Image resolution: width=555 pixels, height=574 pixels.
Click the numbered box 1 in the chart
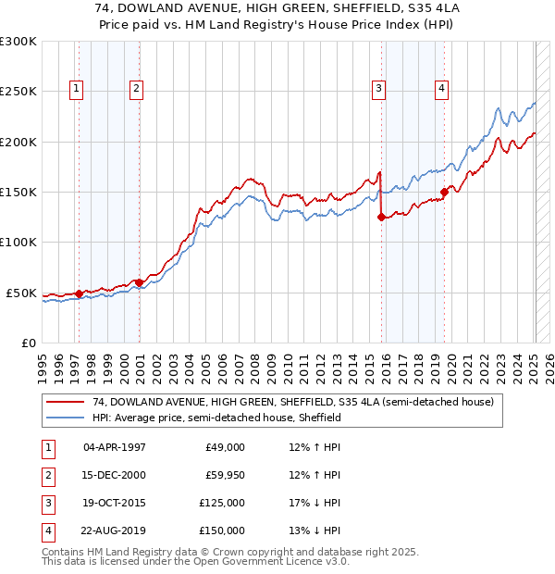tap(75, 89)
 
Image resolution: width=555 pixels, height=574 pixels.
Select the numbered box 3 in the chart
tap(378, 89)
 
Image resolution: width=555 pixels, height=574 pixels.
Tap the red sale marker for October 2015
tap(381, 218)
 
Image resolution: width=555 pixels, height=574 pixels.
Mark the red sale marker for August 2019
tap(443, 193)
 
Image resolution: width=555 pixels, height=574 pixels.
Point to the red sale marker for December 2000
tap(139, 282)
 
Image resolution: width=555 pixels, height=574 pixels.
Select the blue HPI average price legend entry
tap(216, 418)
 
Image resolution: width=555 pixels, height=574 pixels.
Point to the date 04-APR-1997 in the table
tap(115, 447)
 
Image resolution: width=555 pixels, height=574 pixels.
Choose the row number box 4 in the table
tap(45, 530)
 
